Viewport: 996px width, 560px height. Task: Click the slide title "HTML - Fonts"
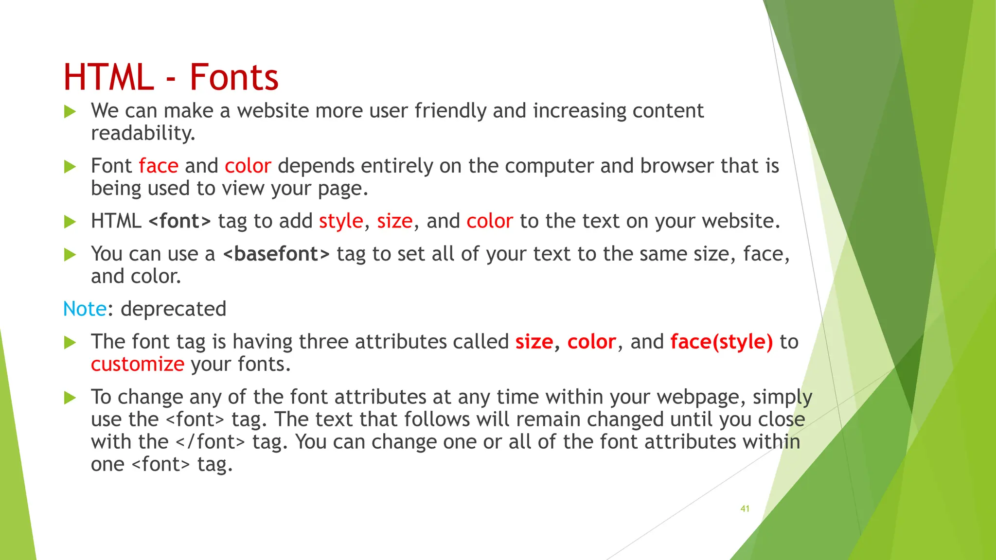pos(171,77)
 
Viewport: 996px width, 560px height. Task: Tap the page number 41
pos(745,508)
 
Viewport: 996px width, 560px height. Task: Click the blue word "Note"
pos(85,309)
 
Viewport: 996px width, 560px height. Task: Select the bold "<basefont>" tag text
pos(276,254)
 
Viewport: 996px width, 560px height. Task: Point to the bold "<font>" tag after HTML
pos(179,221)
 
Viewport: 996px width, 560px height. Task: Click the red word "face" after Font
pos(159,166)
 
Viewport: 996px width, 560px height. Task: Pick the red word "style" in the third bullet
pos(341,221)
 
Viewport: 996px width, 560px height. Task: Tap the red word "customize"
pos(138,364)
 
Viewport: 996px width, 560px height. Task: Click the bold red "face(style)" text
pos(721,342)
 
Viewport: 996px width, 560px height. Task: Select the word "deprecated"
pos(174,309)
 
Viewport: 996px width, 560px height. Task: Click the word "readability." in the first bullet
pos(143,133)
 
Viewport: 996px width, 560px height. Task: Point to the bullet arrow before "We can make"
pos(71,112)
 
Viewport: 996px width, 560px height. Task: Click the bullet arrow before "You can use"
pos(71,255)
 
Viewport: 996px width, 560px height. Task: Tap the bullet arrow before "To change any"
pos(71,398)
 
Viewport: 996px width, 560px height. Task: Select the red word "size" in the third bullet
pos(394,221)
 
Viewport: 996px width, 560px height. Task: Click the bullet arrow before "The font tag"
pos(71,343)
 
